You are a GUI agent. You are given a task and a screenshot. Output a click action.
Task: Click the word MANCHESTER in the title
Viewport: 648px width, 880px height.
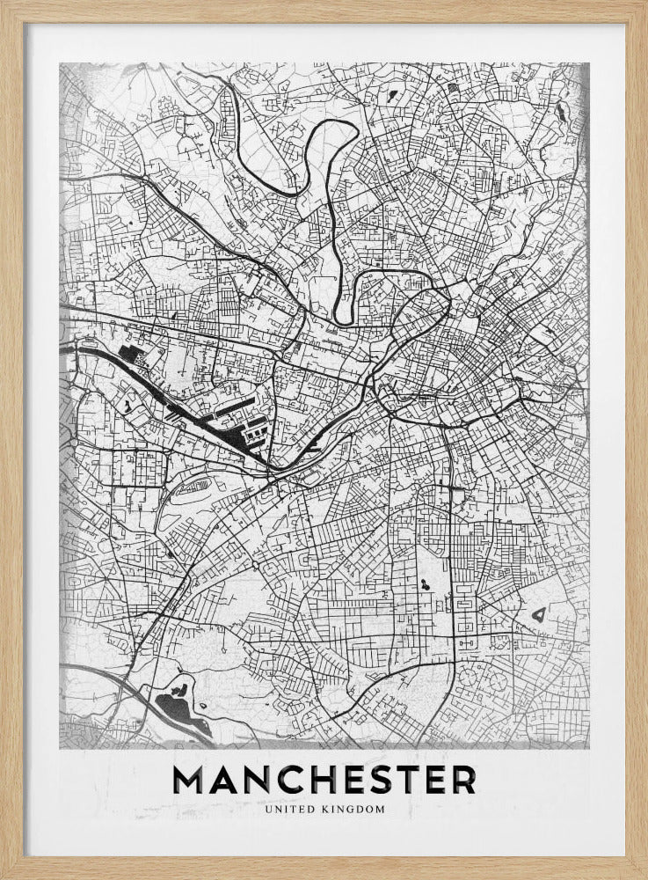tap(324, 779)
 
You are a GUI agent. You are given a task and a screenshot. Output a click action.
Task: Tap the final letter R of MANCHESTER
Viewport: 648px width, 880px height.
tap(462, 779)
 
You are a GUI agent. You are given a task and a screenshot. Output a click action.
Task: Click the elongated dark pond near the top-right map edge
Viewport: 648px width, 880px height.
tap(559, 111)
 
